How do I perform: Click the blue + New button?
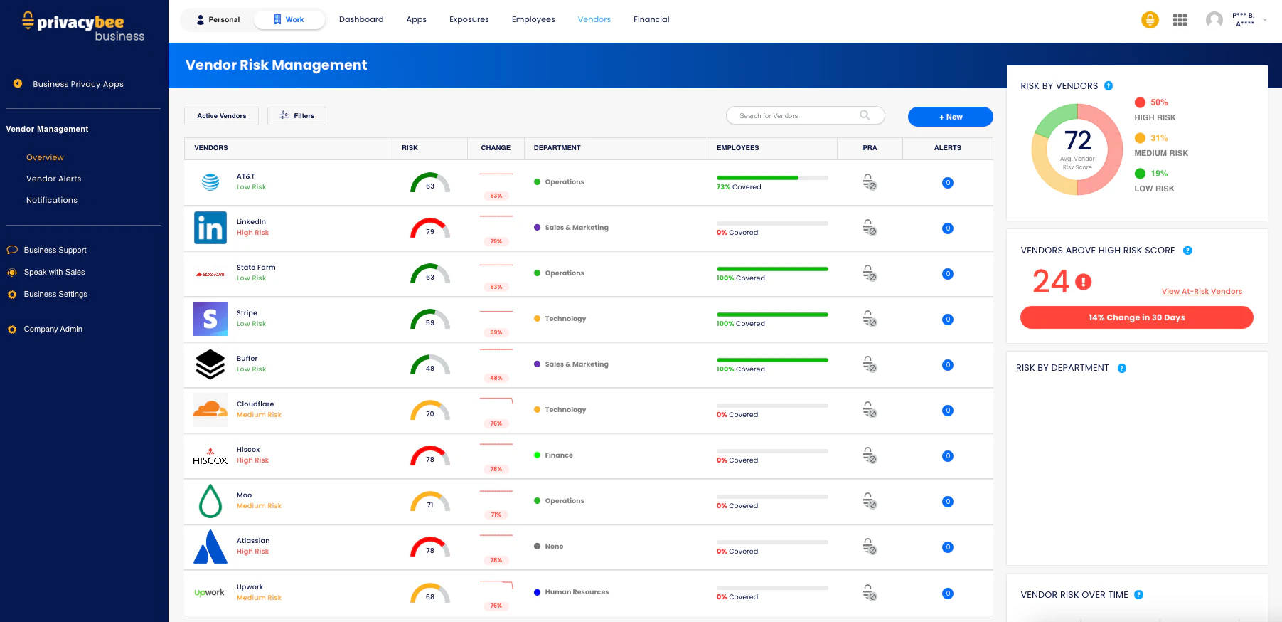(950, 117)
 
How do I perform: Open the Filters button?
(297, 116)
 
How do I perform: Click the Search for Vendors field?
(796, 116)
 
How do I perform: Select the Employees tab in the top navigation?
(533, 20)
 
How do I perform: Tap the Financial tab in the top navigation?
(651, 20)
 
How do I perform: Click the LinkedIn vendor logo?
(210, 228)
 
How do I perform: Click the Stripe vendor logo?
(210, 319)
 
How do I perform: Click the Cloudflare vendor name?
(255, 404)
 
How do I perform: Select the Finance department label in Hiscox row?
(558, 455)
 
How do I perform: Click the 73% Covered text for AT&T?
(739, 187)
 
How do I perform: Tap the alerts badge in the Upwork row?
(947, 594)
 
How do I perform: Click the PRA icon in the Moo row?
(869, 501)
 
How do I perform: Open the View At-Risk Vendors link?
(1202, 292)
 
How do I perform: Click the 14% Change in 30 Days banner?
(1136, 317)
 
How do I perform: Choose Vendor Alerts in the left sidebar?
(53, 179)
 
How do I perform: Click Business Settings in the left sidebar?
(55, 295)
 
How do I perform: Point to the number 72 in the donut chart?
(1077, 140)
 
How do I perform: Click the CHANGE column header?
(496, 148)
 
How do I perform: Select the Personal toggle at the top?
(218, 20)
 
